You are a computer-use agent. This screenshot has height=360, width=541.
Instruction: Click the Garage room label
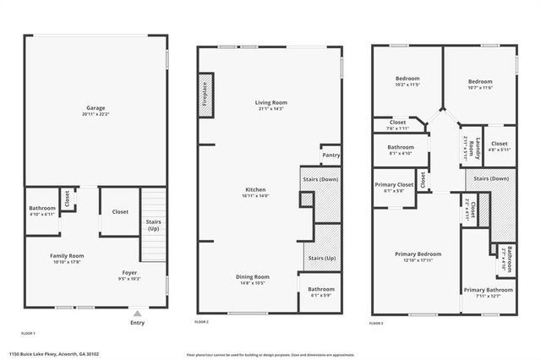95,108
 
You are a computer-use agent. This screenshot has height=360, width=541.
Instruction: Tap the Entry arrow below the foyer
137,313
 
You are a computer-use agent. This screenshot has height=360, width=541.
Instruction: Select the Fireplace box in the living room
205,90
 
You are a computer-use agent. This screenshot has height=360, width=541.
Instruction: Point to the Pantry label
331,155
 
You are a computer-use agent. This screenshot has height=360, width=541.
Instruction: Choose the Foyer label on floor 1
129,273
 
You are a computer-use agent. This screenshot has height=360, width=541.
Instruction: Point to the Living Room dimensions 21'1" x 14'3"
270,109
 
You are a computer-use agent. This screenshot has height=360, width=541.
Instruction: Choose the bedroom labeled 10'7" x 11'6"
479,81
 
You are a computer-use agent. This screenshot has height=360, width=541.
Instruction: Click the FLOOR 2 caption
201,323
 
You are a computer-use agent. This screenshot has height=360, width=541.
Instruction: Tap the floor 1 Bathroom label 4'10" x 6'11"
41,208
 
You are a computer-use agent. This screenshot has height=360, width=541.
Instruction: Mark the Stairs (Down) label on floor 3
491,179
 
